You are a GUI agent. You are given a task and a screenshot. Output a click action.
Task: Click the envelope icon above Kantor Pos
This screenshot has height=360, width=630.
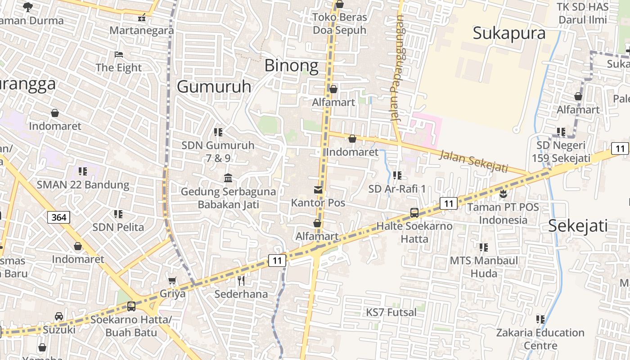click(318, 190)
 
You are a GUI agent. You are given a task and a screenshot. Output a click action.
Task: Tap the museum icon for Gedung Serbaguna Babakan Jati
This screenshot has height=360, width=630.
click(228, 178)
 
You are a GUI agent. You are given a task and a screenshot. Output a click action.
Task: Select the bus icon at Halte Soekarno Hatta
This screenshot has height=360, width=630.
click(414, 213)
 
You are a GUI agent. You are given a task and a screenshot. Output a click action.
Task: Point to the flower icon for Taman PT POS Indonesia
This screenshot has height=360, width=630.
click(503, 194)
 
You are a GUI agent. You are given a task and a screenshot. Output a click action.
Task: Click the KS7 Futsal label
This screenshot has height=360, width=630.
click(391, 312)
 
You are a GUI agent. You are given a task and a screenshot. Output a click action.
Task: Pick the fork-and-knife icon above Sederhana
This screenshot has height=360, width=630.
click(241, 281)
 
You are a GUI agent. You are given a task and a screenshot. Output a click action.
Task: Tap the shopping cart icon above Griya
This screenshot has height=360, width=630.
click(172, 281)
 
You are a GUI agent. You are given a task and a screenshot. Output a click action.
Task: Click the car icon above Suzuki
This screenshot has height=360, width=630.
click(59, 316)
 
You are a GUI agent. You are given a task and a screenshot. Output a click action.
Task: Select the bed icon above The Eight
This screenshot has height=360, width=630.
click(119, 54)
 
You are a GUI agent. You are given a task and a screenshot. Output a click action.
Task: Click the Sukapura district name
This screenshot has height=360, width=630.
click(509, 33)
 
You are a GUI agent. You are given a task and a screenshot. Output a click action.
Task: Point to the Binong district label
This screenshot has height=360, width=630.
click(291, 66)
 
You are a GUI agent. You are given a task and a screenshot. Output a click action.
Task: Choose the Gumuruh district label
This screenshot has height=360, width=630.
click(214, 86)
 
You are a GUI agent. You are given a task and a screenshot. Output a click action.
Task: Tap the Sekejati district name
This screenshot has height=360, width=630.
click(578, 226)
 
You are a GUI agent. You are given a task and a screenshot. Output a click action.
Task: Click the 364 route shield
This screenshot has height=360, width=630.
click(58, 218)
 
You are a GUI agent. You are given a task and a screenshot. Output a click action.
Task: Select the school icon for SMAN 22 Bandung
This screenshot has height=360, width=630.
click(83, 171)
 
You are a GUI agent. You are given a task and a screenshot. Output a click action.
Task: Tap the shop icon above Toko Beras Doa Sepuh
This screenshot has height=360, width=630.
click(340, 4)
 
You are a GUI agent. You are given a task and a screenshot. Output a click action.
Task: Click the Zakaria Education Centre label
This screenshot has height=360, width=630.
click(540, 339)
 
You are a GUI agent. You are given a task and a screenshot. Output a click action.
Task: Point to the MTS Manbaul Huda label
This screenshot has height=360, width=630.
click(484, 267)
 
